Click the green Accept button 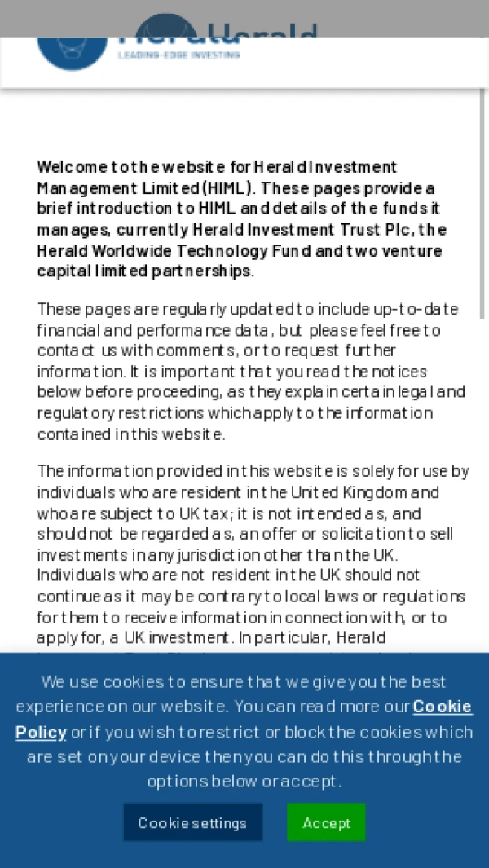tap(326, 822)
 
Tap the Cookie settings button tap(192, 822)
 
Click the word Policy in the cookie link tap(41, 732)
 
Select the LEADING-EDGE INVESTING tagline tap(178, 55)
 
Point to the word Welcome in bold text tap(72, 167)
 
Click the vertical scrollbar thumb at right tap(482, 204)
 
